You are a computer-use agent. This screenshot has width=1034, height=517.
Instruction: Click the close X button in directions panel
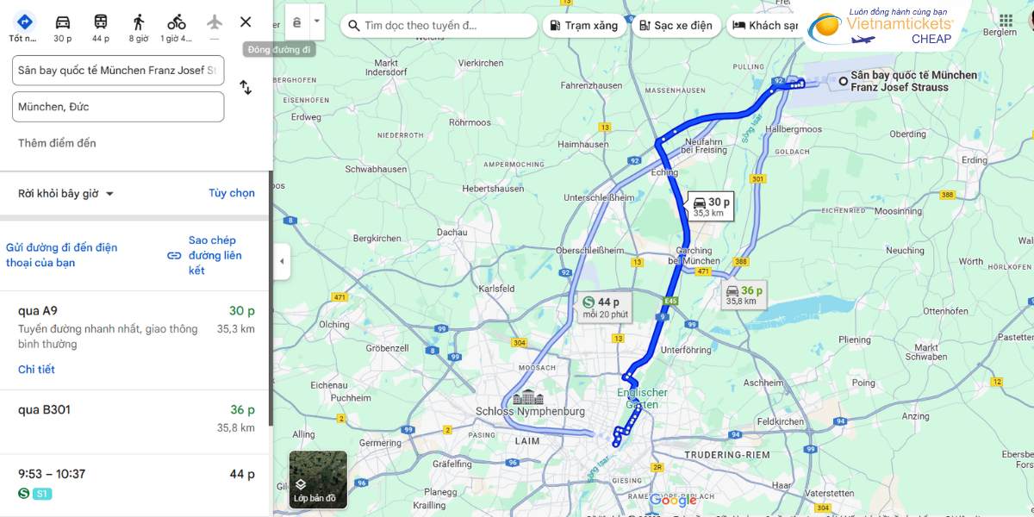point(246,22)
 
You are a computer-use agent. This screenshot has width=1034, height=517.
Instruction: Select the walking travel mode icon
point(139,22)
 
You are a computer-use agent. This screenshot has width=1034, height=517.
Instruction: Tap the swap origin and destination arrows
point(246,87)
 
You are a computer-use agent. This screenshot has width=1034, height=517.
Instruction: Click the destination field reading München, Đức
point(118,107)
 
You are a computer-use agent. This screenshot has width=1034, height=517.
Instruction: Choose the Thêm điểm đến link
point(57,143)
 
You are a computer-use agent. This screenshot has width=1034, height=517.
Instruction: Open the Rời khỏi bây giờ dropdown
point(66,194)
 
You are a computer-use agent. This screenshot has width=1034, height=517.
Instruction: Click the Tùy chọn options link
point(231,193)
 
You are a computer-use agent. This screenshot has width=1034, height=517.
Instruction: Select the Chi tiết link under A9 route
point(36,370)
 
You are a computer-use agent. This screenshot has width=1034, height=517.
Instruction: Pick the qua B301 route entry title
point(44,410)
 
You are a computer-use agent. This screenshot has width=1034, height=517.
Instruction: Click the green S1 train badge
point(42,494)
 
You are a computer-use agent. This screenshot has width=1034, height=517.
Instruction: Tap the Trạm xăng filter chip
point(583,26)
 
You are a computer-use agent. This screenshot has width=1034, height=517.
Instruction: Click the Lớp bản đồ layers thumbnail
point(318,478)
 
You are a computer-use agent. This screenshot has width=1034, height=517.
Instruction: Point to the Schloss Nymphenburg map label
point(530,411)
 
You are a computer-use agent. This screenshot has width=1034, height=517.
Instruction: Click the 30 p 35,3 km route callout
point(711,207)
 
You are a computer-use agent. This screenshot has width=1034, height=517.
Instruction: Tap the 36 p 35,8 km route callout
point(744,296)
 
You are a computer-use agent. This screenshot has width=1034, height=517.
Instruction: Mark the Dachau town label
point(452,232)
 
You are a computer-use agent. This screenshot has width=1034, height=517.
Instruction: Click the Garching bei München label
point(694,256)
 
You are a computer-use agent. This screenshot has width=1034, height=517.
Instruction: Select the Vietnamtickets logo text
point(900,24)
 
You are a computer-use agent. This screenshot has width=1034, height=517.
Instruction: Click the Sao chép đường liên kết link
point(215,255)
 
